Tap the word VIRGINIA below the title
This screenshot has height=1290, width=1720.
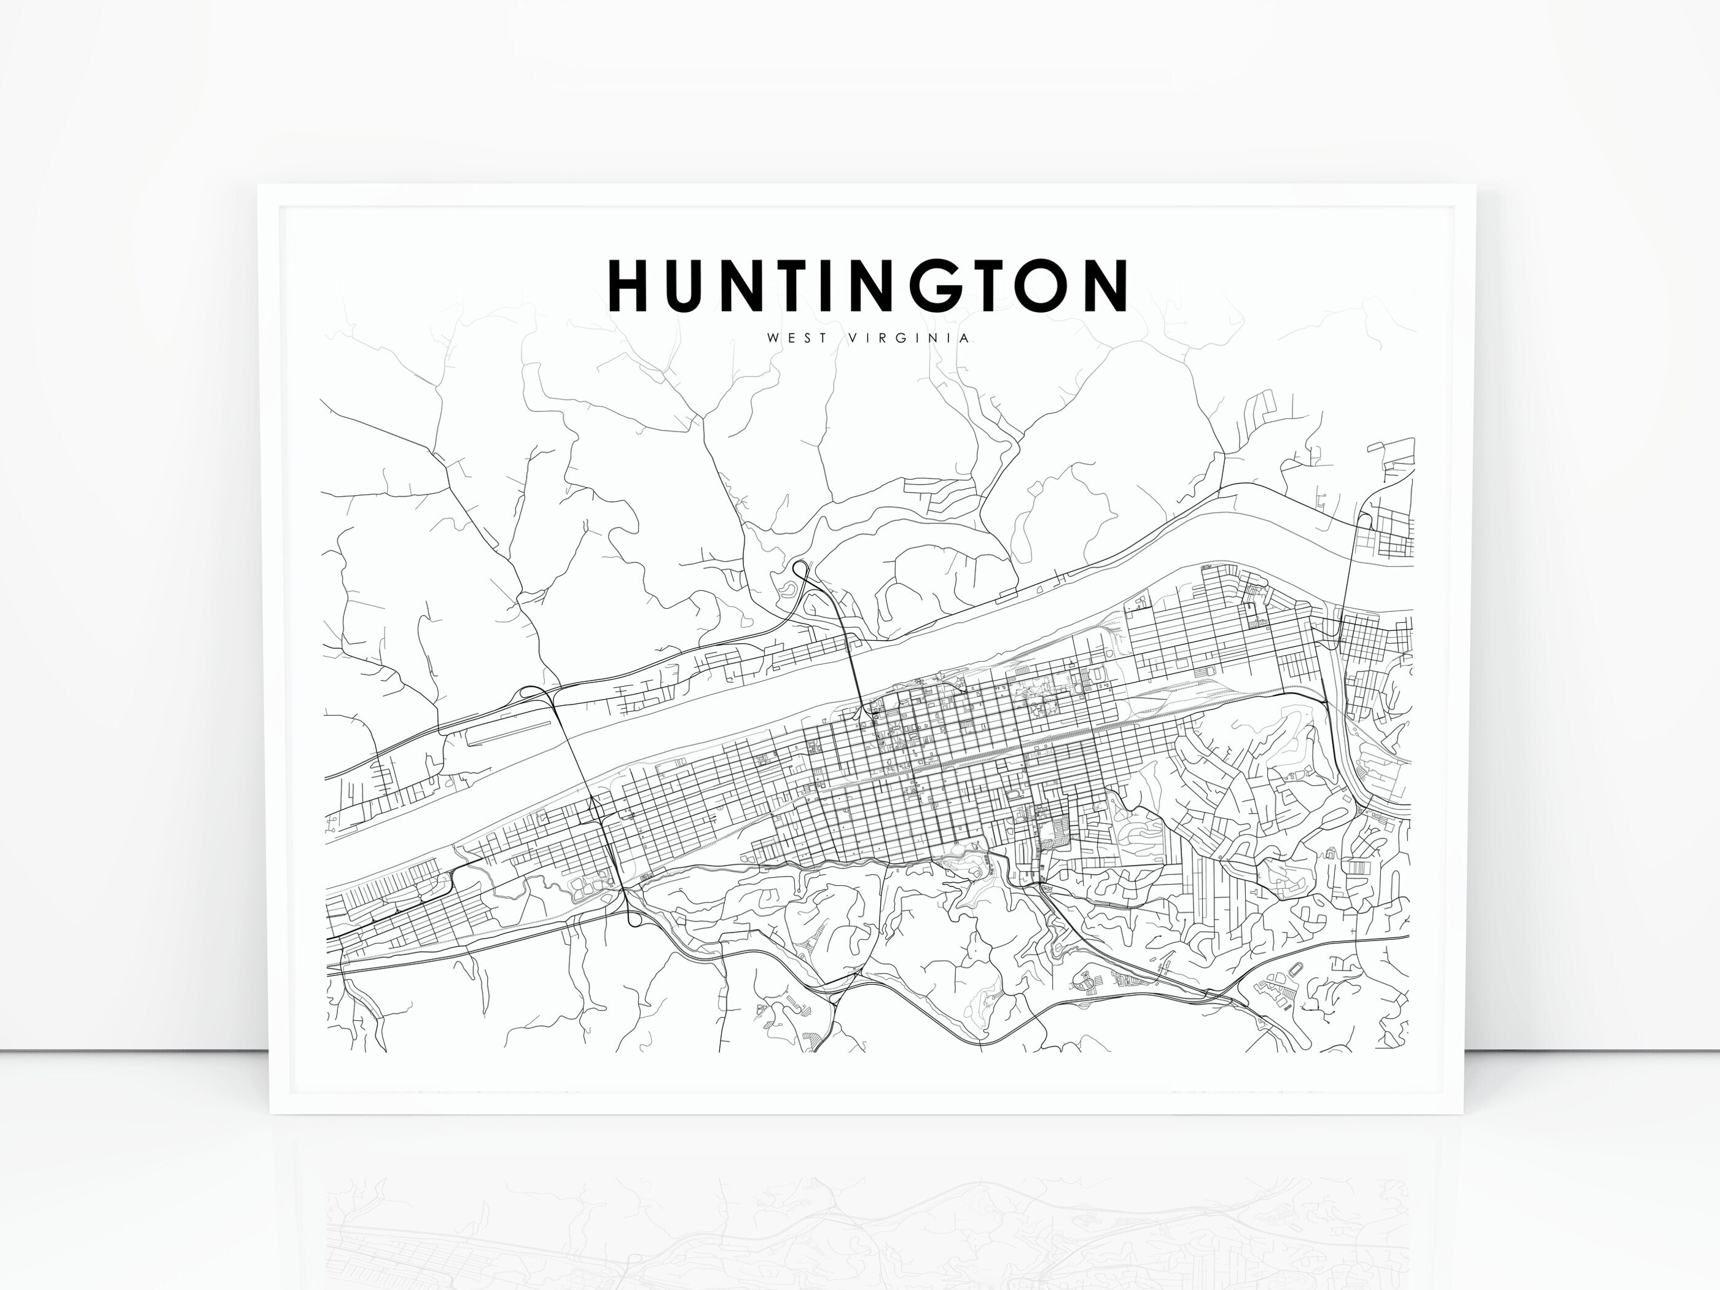(x=910, y=338)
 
